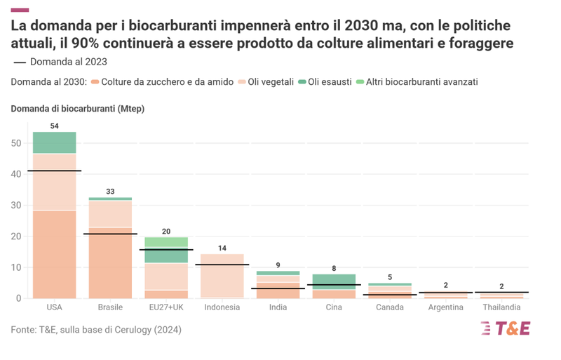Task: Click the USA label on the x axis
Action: pyautogui.click(x=54, y=307)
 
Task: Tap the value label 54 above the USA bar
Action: pyautogui.click(x=54, y=126)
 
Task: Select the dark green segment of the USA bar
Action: pyautogui.click(x=54, y=142)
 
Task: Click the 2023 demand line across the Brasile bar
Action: pyautogui.click(x=110, y=234)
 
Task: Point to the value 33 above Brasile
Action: pyautogui.click(x=110, y=191)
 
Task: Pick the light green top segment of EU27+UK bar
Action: pyautogui.click(x=166, y=242)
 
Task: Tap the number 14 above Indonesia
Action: pyautogui.click(x=222, y=248)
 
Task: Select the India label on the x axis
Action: pyautogui.click(x=278, y=307)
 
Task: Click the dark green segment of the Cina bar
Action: pyautogui.click(x=334, y=281)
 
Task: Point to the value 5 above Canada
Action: pyautogui.click(x=390, y=276)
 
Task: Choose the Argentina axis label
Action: pyautogui.click(x=446, y=307)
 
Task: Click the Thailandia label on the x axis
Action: pyautogui.click(x=502, y=307)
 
